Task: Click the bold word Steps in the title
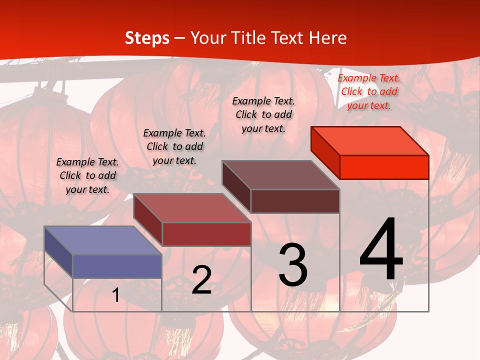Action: [147, 38]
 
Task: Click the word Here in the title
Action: [327, 38]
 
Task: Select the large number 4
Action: [381, 249]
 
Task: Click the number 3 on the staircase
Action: [293, 265]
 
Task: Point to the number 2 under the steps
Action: [201, 279]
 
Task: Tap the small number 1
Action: [115, 295]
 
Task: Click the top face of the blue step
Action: [102, 240]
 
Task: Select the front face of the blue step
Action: [117, 266]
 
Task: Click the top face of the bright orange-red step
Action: [369, 141]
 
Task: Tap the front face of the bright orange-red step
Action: [384, 167]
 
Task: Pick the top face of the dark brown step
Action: [280, 175]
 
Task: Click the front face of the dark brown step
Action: [295, 201]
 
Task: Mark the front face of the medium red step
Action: [206, 234]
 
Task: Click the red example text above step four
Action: [369, 91]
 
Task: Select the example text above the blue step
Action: [87, 175]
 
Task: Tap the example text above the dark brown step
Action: [263, 114]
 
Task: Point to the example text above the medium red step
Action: [174, 146]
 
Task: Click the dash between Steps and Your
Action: [180, 38]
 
